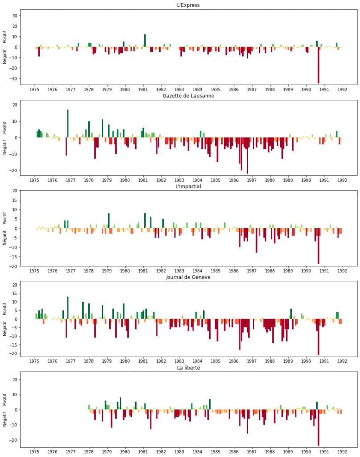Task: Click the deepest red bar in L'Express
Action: coord(319,65)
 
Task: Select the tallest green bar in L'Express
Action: coord(145,41)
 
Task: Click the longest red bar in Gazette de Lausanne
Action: coord(247,156)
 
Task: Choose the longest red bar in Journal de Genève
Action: coord(319,337)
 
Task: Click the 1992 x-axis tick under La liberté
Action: coord(343,452)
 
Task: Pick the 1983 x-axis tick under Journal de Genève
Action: coord(179,361)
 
